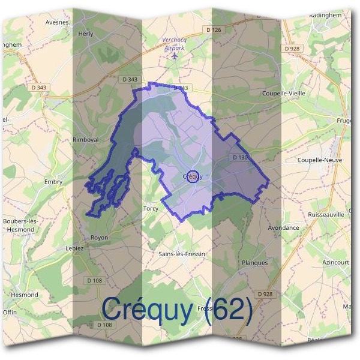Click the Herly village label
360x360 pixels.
(86, 34)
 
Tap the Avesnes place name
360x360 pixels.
(57, 22)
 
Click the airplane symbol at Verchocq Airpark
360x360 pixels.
(175, 56)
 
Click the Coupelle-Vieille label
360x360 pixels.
(283, 94)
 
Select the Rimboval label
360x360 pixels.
(85, 139)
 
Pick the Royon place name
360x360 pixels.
(99, 238)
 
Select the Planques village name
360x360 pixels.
(254, 262)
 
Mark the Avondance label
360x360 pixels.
(283, 228)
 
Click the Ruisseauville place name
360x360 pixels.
(326, 214)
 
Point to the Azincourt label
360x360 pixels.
(335, 263)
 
